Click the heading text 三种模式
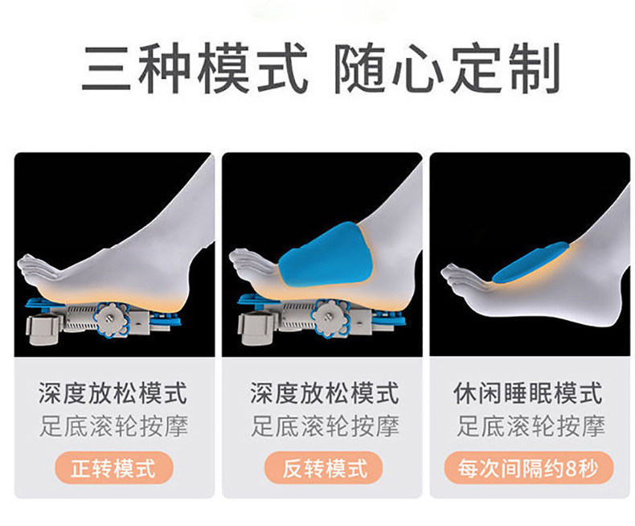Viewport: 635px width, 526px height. [195, 70]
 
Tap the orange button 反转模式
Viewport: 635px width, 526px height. [324, 467]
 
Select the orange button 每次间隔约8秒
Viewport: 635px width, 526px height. [529, 467]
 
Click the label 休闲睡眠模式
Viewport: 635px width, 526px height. [529, 394]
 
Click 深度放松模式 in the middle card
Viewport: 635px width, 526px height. [324, 394]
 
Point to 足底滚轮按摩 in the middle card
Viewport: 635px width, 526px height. [324, 426]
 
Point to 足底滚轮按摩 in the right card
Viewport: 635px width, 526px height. [529, 426]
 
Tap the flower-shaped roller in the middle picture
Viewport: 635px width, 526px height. [331, 319]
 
